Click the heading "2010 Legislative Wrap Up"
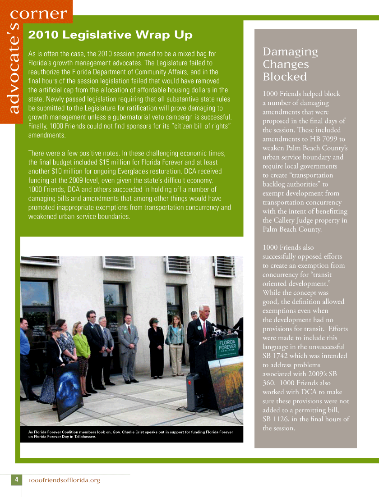(110, 35)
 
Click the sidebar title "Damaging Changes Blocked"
(290, 64)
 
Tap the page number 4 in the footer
(16, 479)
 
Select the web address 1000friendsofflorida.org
(64, 480)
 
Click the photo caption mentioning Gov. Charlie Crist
(131, 434)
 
